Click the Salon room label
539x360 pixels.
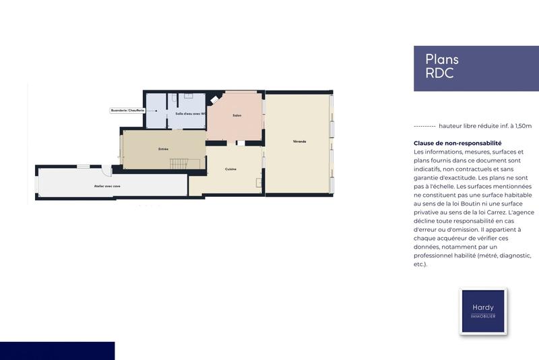237,115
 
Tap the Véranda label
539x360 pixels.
299,141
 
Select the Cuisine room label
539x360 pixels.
230,169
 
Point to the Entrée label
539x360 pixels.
163,148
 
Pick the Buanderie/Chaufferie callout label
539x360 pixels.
127,109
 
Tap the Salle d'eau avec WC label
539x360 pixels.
190,113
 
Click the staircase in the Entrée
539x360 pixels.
177,163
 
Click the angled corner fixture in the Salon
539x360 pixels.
215,100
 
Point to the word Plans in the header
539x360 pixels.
442,59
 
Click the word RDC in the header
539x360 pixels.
439,73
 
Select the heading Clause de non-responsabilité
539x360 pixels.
457,143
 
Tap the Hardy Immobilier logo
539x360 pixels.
482,311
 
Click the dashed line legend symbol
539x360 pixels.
424,126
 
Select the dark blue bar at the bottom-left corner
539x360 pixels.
57,351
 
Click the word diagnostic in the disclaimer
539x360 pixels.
511,256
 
